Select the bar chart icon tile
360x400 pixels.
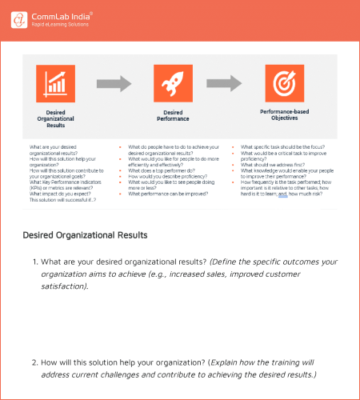click(x=56, y=84)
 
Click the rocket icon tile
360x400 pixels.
click(x=174, y=84)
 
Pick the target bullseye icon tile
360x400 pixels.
click(x=284, y=84)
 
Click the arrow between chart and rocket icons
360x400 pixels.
click(x=114, y=82)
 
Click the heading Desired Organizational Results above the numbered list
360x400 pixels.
click(x=85, y=235)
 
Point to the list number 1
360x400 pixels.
click(x=35, y=262)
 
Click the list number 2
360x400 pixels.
click(x=35, y=362)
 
